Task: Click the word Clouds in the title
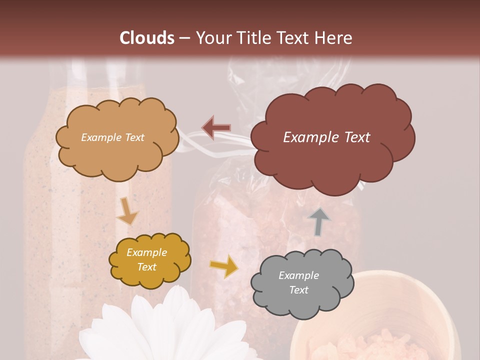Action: click(147, 38)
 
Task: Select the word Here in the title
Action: click(335, 38)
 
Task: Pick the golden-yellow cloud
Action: click(149, 259)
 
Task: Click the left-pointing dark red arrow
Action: click(216, 127)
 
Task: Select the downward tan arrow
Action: click(127, 211)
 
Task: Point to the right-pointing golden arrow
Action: click(224, 266)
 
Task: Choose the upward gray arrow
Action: click(319, 222)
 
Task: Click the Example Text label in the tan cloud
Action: click(112, 137)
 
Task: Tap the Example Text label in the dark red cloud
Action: click(326, 137)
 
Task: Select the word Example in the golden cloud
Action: click(146, 252)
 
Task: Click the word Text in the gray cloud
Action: click(299, 290)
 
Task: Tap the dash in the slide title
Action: click(184, 38)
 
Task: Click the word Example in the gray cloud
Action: click(298, 275)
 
